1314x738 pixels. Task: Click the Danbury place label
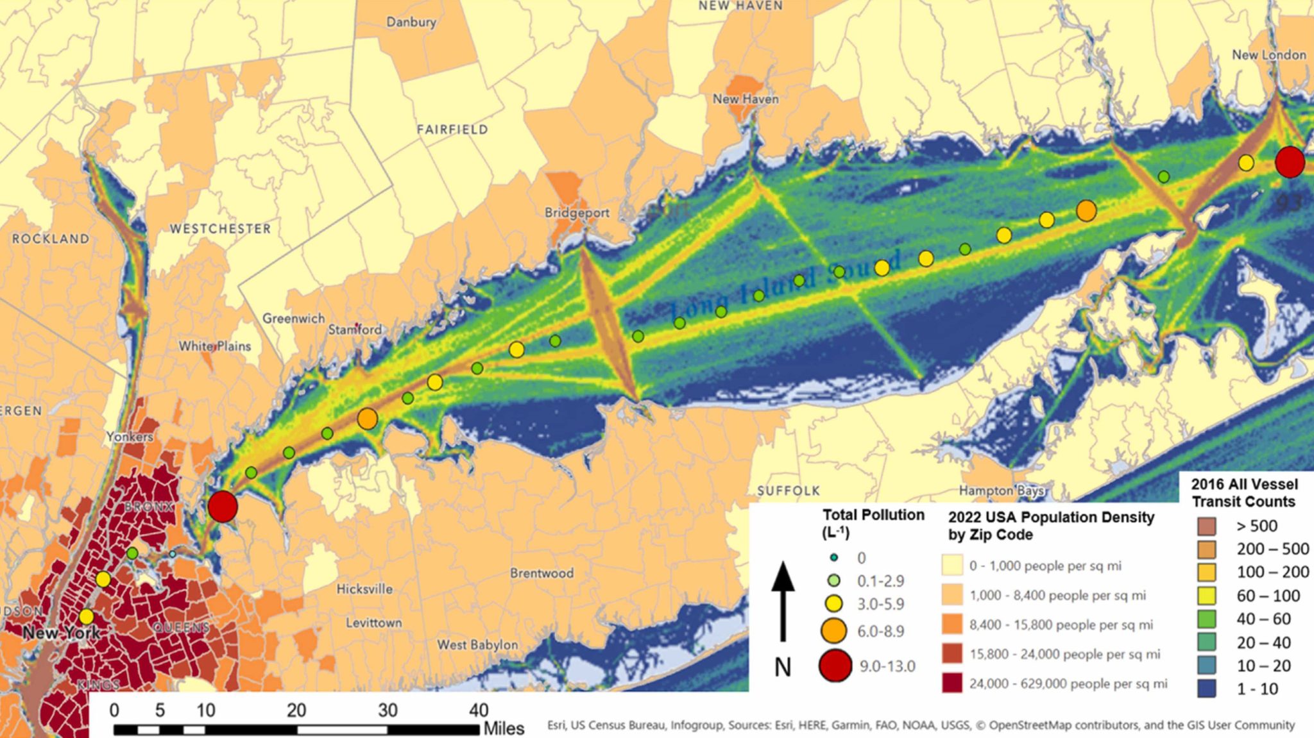411,22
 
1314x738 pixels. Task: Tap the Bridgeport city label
577,212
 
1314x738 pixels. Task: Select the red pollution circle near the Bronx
223,507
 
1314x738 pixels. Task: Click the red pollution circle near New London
1290,162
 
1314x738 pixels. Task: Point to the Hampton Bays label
1002,491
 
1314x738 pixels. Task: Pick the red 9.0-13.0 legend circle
835,666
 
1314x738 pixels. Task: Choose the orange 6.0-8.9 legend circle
833,631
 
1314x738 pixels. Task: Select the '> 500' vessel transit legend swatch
1206,526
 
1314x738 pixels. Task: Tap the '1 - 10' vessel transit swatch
1206,689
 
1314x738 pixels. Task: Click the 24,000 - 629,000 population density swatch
952,683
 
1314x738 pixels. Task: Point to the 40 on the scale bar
478,710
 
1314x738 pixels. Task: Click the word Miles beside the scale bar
504,729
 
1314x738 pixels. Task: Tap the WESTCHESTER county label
220,229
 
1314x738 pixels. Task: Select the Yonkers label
130,437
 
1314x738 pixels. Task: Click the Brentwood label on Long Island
542,573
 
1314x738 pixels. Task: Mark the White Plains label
215,346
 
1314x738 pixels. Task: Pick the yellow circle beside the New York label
87,617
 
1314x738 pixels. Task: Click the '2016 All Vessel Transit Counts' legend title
1244,492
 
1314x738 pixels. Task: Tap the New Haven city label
746,99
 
